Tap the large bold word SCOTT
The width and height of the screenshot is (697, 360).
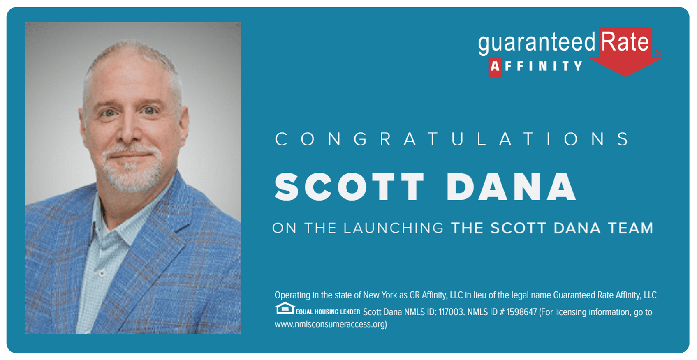pyautogui.click(x=349, y=187)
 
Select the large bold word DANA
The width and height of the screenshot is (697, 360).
pyautogui.click(x=511, y=187)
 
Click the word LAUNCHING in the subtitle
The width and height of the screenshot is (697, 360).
pyautogui.click(x=394, y=228)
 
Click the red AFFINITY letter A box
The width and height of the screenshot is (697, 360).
pyautogui.click(x=495, y=67)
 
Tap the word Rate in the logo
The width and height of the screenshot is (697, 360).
pyautogui.click(x=625, y=42)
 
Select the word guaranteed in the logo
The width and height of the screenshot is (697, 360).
pyautogui.click(x=537, y=44)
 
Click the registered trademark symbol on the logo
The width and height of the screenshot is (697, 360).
pyautogui.click(x=658, y=53)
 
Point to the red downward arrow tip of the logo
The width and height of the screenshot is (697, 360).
pyautogui.click(x=625, y=76)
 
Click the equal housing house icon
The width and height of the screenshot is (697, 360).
pyautogui.click(x=285, y=308)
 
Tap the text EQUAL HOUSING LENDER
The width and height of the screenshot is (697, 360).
pyautogui.click(x=328, y=312)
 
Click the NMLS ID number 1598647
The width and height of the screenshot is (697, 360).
pyautogui.click(x=521, y=312)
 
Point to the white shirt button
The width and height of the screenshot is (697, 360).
pyautogui.click(x=102, y=273)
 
